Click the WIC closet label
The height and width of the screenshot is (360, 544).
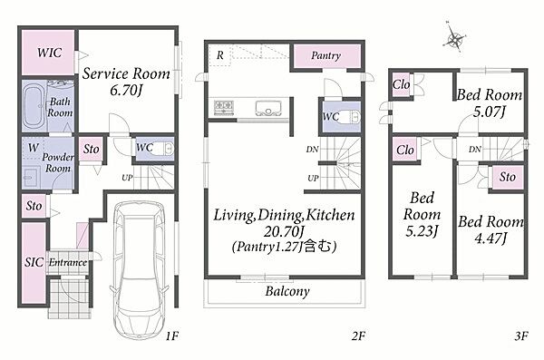[50, 53]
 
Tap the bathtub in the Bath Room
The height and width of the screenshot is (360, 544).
[34, 106]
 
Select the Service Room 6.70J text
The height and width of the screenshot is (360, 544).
[126, 82]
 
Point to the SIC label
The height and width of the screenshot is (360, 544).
[34, 262]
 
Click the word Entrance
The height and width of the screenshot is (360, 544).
[68, 262]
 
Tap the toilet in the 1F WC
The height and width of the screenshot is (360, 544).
[164, 149]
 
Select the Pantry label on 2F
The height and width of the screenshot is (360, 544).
[325, 55]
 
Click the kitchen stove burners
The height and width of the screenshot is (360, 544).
[224, 107]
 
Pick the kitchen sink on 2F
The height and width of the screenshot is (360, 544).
[268, 108]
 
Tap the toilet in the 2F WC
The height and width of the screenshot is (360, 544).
[350, 117]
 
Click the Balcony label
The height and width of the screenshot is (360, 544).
[287, 291]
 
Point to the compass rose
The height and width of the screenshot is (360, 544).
[454, 37]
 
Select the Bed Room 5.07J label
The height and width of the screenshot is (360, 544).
[490, 103]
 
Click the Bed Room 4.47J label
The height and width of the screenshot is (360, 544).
[491, 229]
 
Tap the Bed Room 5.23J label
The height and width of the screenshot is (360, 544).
[422, 214]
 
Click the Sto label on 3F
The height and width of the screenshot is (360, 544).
[507, 177]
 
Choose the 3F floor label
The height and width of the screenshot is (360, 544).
[521, 336]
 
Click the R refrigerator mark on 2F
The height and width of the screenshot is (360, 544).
[220, 55]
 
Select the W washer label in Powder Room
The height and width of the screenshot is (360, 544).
[34, 148]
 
